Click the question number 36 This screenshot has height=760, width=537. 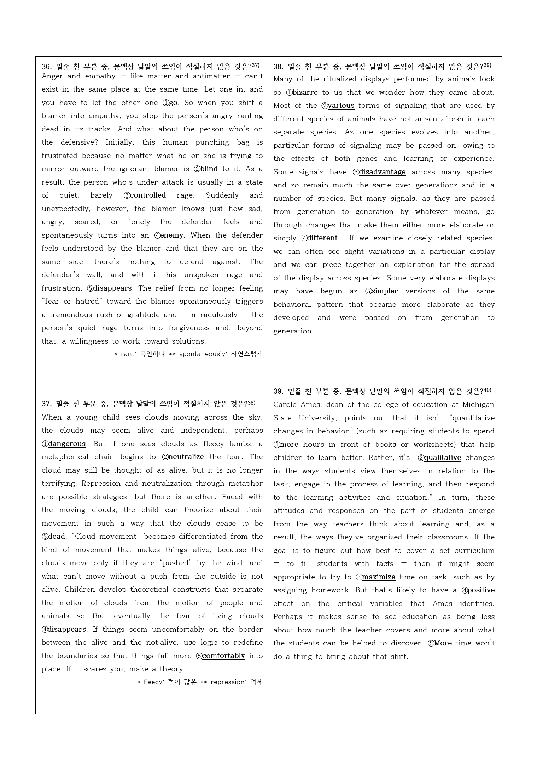46,67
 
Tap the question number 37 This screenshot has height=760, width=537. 46,404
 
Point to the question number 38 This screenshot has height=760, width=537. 278,67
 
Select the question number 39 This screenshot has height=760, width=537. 278,391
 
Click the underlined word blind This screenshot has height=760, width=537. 209,169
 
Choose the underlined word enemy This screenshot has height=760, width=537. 172,235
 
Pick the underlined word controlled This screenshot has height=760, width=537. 148,195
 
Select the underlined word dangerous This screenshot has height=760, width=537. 67,444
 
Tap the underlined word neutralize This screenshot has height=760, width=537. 186,457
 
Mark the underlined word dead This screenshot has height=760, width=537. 57,537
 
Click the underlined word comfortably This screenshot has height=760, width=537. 223,656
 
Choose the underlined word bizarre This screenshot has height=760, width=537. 305,93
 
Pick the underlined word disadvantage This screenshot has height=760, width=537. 382,172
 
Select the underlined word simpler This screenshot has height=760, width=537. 385,291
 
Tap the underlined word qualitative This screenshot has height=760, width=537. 442,458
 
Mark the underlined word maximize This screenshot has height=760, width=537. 379,577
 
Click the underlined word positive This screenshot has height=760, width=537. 481,590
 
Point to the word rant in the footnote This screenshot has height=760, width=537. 127,354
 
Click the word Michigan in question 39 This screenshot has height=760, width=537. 478,405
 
